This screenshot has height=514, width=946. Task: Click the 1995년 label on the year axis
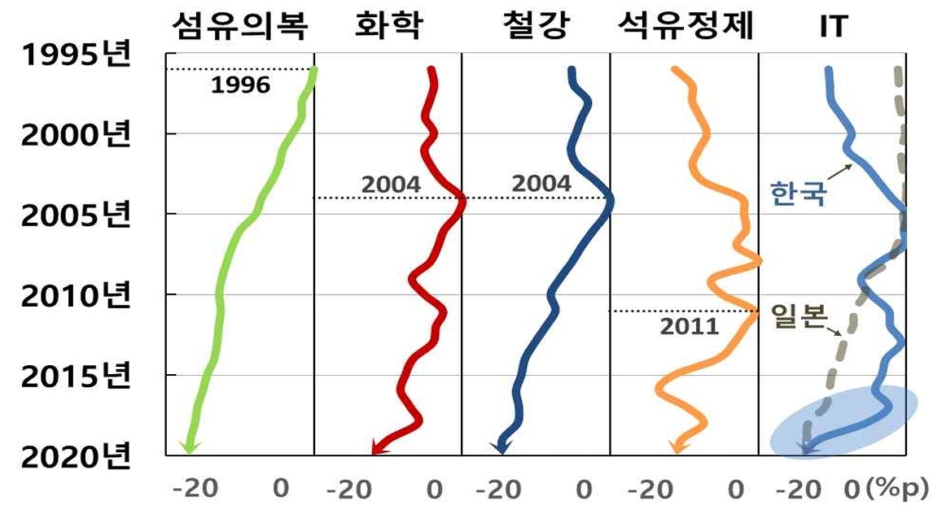click(75, 57)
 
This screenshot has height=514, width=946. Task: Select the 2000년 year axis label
click(75, 135)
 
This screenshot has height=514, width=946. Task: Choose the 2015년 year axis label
click(75, 377)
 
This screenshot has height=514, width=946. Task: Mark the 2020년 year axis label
click(75, 457)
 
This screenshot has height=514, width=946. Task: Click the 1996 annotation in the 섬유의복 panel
click(240, 85)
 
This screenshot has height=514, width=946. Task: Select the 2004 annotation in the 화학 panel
click(391, 185)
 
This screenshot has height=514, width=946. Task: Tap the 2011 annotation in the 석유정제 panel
click(690, 326)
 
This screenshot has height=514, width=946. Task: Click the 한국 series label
click(797, 194)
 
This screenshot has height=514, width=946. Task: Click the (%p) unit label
click(897, 489)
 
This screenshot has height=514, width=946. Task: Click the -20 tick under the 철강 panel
click(496, 490)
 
